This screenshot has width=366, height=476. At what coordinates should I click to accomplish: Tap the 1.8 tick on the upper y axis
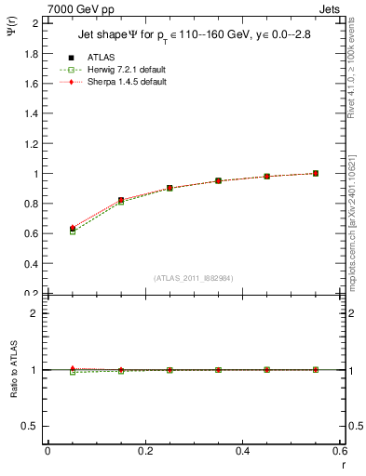(32, 54)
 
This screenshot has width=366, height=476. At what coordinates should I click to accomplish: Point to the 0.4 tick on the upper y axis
(32, 264)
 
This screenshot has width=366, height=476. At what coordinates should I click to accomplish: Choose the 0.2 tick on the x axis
(145, 452)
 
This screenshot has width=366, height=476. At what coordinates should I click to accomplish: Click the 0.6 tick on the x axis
(340, 452)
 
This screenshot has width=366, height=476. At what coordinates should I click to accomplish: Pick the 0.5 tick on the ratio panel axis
(32, 426)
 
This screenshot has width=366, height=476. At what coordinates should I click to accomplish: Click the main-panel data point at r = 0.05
(73, 229)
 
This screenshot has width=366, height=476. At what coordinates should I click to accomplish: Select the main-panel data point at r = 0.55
(316, 173)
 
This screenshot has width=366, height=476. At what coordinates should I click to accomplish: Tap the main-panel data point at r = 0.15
(121, 200)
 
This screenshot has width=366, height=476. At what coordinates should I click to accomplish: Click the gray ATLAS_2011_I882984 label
(194, 278)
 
